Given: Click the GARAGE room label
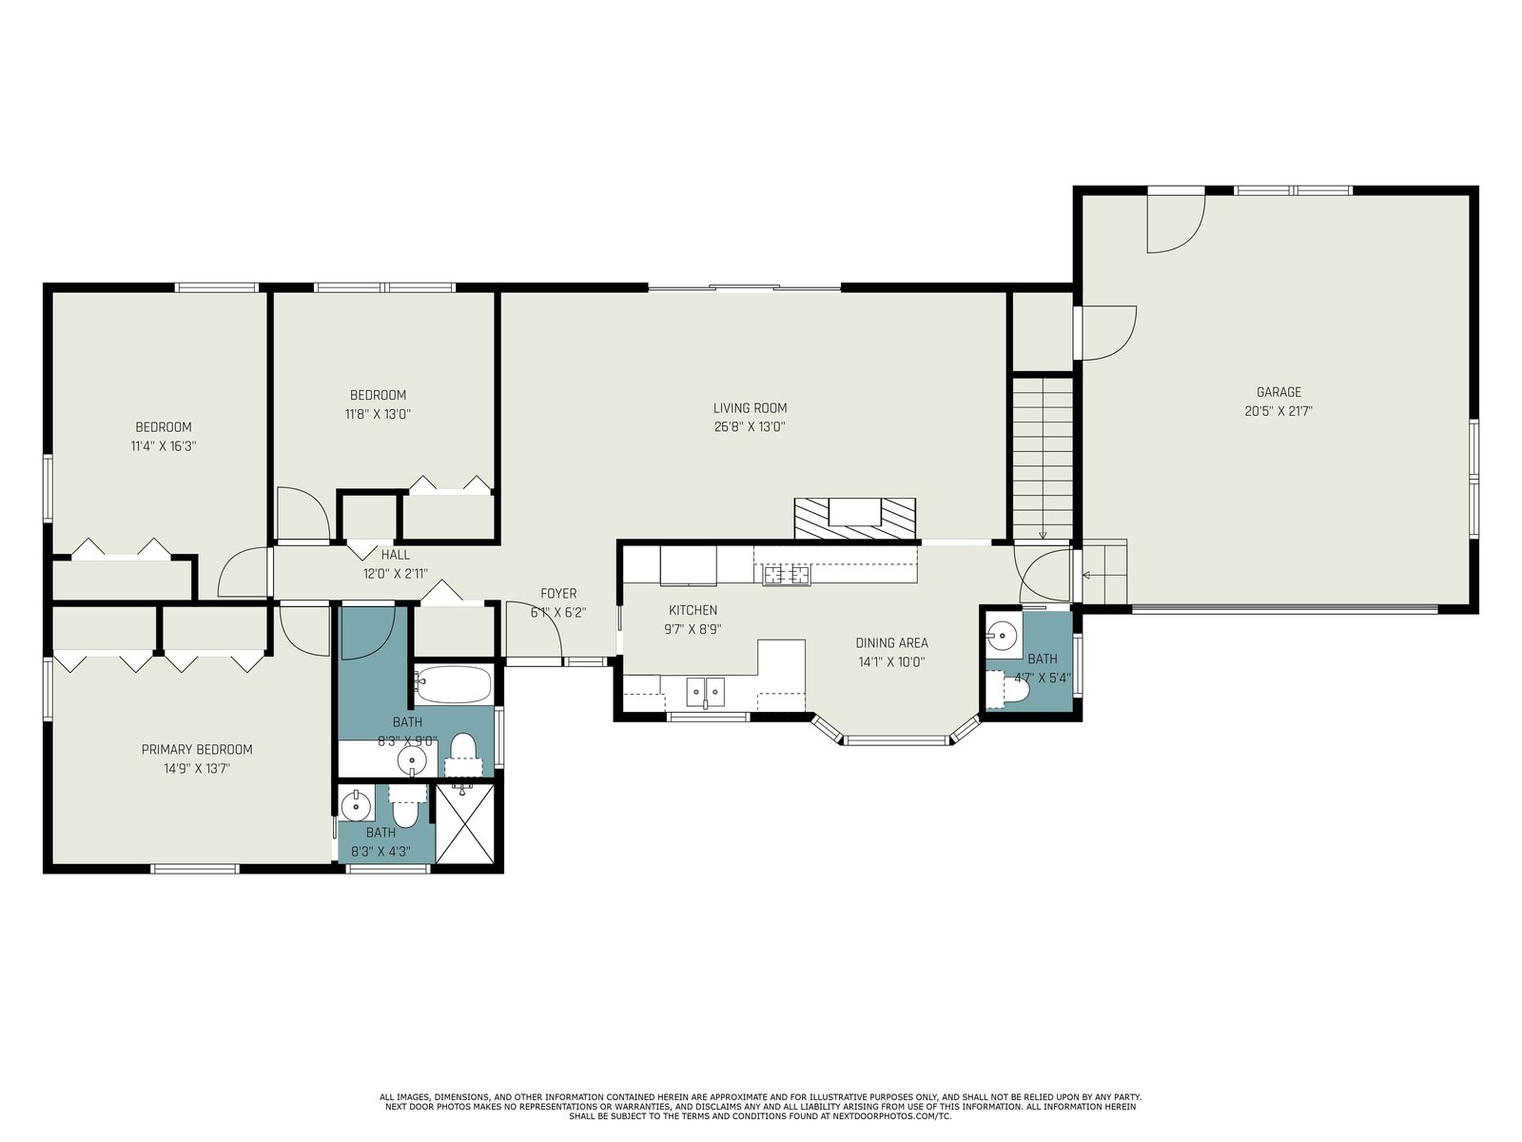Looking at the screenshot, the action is click(x=1278, y=392).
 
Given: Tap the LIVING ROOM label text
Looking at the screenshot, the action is click(x=750, y=408).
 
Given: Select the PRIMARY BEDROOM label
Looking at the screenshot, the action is click(x=197, y=750).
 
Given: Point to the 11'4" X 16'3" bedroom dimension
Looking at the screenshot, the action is click(x=164, y=446).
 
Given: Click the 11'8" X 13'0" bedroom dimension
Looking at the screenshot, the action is click(x=378, y=415).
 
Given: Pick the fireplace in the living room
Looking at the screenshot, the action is click(x=855, y=518).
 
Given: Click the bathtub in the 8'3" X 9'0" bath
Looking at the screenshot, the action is click(x=454, y=684).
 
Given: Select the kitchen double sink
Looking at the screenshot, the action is click(x=705, y=692).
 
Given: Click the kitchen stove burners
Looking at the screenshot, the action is click(x=787, y=574).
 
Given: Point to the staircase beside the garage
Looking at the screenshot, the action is click(x=1043, y=459).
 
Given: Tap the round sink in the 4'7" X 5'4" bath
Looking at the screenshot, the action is click(x=1002, y=635).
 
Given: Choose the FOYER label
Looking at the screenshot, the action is click(x=558, y=594).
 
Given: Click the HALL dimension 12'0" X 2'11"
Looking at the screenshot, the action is click(x=395, y=574).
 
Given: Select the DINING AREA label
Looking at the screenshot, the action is click(x=891, y=643).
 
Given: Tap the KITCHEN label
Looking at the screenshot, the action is click(x=693, y=611).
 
